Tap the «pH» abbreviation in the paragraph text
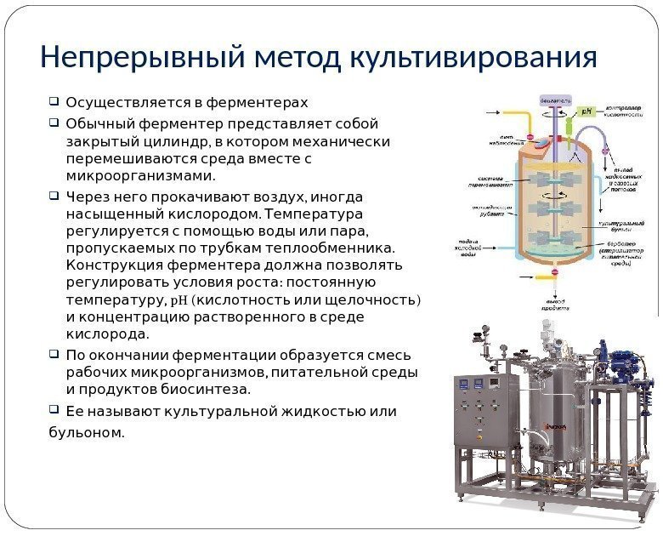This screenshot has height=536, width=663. pos(181,300)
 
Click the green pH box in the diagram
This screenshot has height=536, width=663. pos(586,111)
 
